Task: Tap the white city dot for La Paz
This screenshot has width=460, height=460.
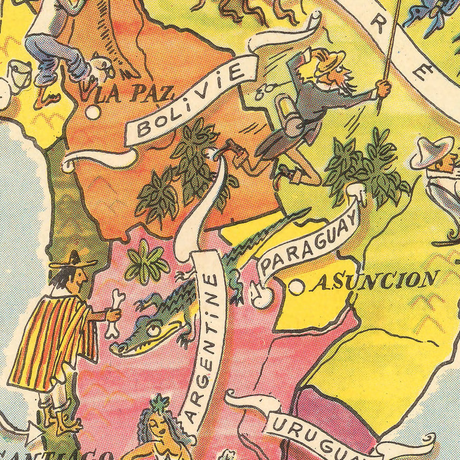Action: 92,112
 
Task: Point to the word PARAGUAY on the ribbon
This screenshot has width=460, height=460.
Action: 310,240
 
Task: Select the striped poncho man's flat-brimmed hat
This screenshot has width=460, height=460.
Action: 73,261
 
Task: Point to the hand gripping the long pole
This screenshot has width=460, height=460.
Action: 383,88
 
